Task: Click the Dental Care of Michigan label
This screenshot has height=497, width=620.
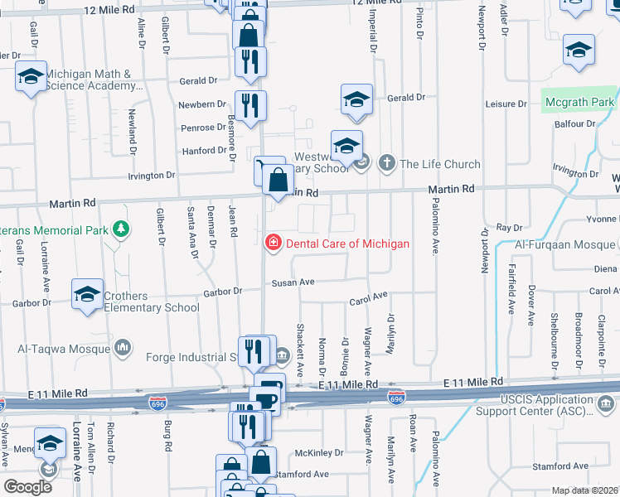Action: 347,244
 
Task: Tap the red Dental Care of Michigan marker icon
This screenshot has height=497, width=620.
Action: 271,243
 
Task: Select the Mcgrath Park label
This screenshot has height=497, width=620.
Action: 579,103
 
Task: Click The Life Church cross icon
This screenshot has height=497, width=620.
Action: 386,163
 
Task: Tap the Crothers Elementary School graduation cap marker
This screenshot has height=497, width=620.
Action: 88,294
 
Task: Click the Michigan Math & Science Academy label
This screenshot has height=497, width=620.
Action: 91,80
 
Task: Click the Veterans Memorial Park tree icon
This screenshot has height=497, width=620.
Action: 122,228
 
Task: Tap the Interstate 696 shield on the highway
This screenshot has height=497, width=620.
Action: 398,398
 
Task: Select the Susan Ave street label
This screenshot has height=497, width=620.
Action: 295,282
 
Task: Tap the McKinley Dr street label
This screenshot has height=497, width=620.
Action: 319,453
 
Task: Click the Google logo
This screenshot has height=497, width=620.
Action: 27,487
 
